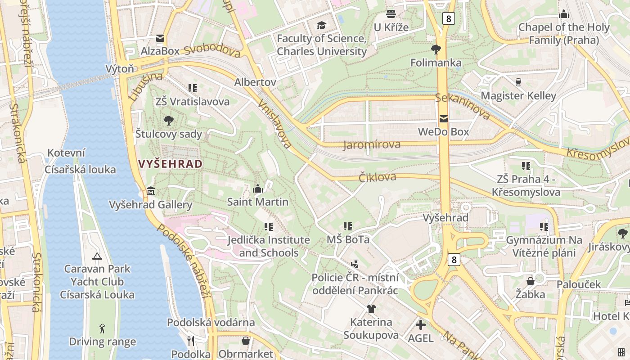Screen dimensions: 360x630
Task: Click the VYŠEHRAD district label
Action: tap(171, 164)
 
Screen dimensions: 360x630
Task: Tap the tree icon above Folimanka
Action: tap(436, 49)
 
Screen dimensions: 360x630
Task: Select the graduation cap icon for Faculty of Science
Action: tap(321, 25)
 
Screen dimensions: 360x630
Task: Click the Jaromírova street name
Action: tap(372, 144)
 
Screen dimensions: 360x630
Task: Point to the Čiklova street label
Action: tap(378, 177)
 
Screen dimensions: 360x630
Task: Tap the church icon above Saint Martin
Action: tap(258, 189)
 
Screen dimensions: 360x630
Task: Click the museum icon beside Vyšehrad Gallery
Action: tap(150, 192)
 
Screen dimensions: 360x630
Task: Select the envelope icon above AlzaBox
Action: tap(160, 38)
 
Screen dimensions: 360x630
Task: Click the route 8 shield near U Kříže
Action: tap(448, 18)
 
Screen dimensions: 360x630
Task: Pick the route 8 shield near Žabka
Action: tap(454, 259)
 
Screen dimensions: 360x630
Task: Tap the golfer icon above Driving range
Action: tap(102, 328)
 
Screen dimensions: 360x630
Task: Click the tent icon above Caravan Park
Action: tap(97, 256)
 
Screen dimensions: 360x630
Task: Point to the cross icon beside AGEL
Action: tap(420, 324)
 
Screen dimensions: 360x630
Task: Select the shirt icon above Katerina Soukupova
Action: tap(371, 309)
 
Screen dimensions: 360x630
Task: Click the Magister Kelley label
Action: tap(518, 95)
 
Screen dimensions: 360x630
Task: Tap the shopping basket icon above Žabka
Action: tap(531, 281)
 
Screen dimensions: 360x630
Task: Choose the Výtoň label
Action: tap(120, 69)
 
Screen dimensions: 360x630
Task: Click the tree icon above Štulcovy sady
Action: tap(169, 120)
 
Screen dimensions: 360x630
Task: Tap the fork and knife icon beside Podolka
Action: tap(191, 341)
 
